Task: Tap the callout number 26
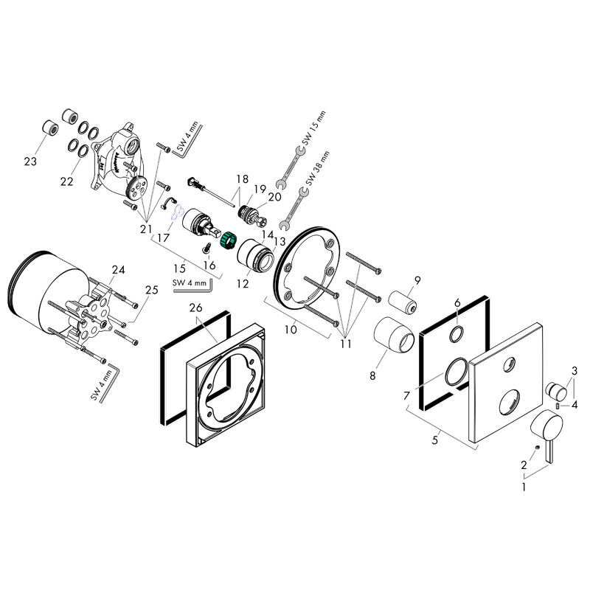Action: (194, 308)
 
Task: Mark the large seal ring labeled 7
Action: (455, 372)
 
